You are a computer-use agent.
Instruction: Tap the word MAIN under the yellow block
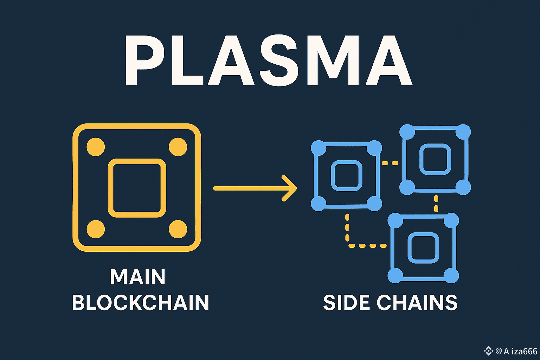[138, 277]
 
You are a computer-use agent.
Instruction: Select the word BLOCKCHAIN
[140, 303]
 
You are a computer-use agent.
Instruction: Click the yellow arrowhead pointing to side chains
[290, 188]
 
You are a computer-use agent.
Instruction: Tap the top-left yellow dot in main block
[96, 147]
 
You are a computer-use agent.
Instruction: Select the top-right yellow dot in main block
[178, 147]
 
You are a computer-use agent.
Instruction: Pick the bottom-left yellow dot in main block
[96, 229]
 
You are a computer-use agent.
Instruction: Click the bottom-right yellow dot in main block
[178, 229]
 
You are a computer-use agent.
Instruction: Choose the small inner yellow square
[137, 188]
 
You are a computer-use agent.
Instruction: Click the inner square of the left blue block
[347, 175]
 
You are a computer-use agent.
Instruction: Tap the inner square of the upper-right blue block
[435, 159]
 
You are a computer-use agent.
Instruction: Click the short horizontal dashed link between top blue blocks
[390, 163]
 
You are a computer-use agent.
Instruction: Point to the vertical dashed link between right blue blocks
[436, 204]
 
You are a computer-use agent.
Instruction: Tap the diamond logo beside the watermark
[488, 351]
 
